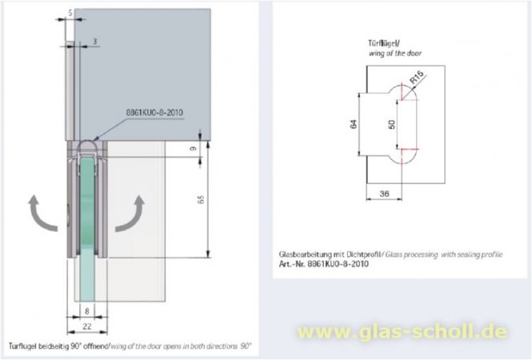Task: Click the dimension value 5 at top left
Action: (71, 13)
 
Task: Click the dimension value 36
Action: (386, 192)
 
